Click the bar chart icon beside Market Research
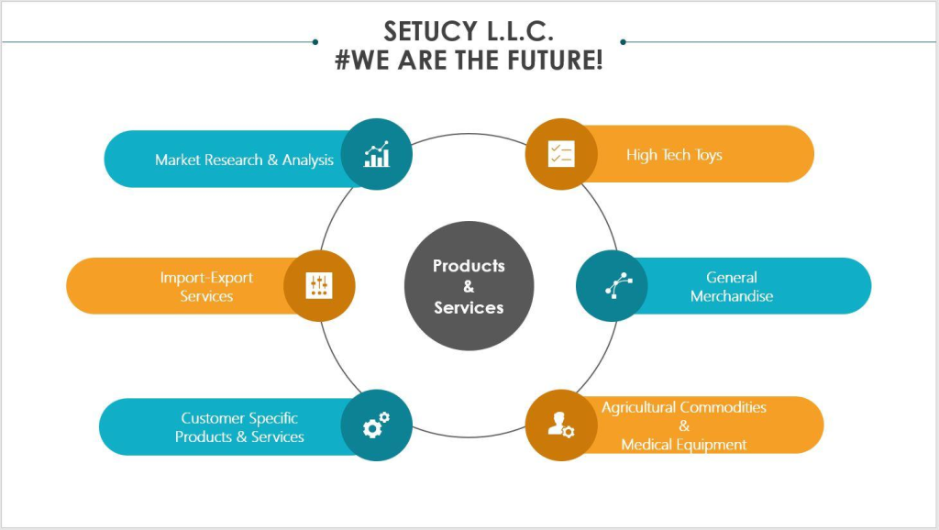[x=376, y=154]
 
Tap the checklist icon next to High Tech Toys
[x=560, y=154]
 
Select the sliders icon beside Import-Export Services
[x=319, y=286]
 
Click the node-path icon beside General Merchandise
[x=613, y=286]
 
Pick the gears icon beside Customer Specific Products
[x=376, y=425]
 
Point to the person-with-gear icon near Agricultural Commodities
[x=560, y=425]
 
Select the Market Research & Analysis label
[x=244, y=160]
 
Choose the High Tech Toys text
[x=674, y=155]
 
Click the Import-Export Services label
[x=206, y=286]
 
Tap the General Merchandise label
[x=732, y=286]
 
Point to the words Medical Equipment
[x=684, y=445]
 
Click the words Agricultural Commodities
[x=684, y=407]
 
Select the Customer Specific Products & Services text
[x=239, y=427]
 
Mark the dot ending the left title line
[x=315, y=41]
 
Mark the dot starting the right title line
[x=623, y=41]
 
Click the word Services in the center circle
[x=469, y=308]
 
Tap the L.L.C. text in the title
[x=514, y=31]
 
